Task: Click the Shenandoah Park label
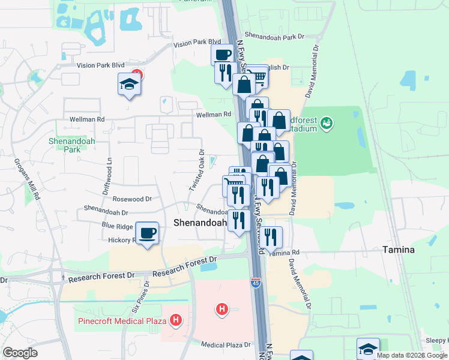64,145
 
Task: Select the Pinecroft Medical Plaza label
122,320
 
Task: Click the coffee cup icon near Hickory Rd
147,233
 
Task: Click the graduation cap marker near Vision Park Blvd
129,84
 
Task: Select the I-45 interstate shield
256,283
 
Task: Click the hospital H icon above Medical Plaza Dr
222,310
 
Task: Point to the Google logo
20,353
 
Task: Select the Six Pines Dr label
140,297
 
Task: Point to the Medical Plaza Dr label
226,345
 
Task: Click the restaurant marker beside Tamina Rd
273,238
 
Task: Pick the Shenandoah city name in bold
200,223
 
